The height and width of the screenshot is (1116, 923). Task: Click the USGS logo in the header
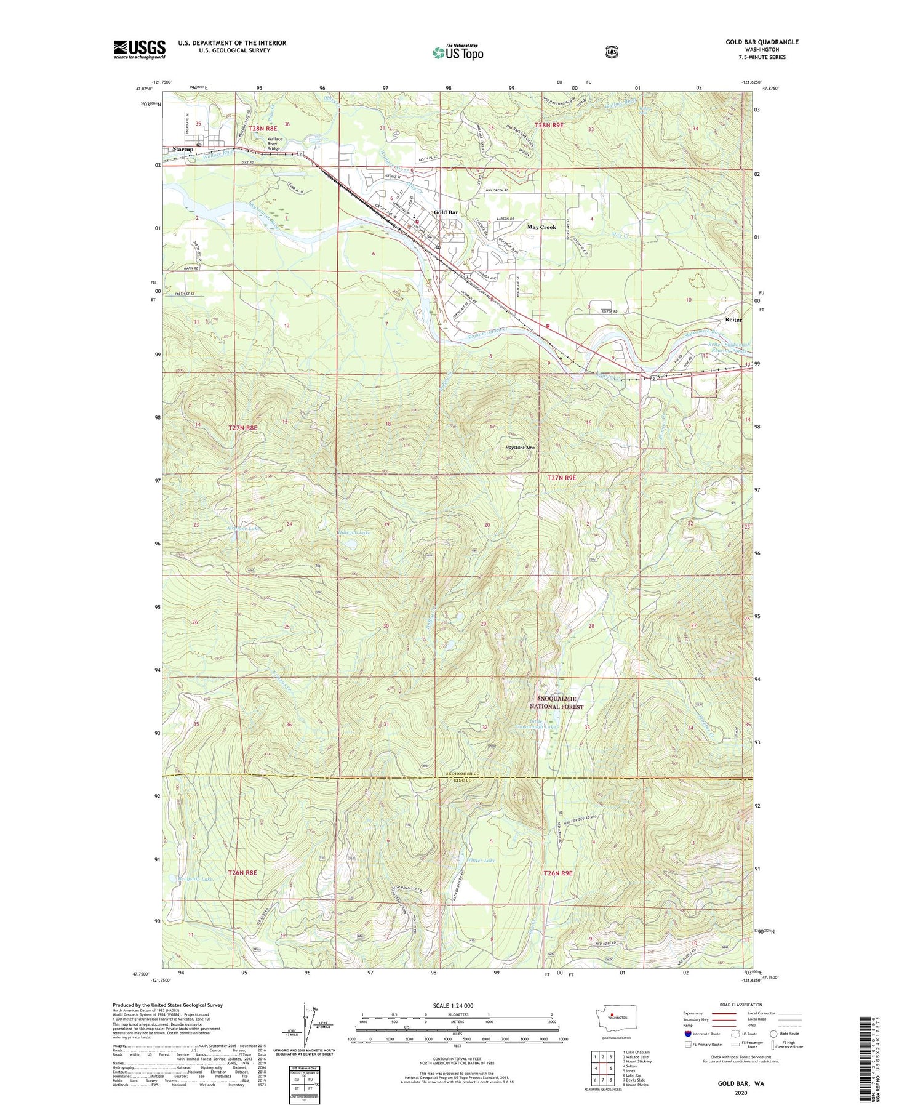click(139, 49)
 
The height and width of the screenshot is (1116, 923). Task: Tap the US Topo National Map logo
click(458, 52)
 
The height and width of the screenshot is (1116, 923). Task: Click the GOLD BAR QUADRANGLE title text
click(761, 42)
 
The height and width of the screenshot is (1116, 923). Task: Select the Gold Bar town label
click(446, 212)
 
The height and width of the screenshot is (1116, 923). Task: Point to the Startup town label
click(183, 149)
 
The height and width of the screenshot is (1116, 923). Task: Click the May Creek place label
click(541, 227)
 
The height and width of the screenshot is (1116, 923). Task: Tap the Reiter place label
click(733, 320)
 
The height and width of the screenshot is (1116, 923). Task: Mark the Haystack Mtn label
click(520, 448)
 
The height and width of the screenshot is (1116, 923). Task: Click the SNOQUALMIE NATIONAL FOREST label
click(556, 702)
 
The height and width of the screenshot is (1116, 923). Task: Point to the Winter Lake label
click(481, 860)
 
